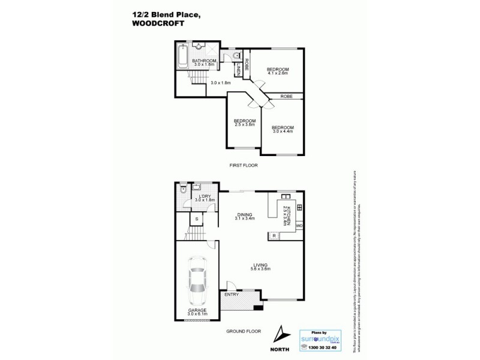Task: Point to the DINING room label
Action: [244, 216]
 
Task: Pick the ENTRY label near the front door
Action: [232, 295]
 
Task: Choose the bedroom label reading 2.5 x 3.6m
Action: [244, 123]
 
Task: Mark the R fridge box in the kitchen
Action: [274, 236]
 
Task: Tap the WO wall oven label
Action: [298, 225]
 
